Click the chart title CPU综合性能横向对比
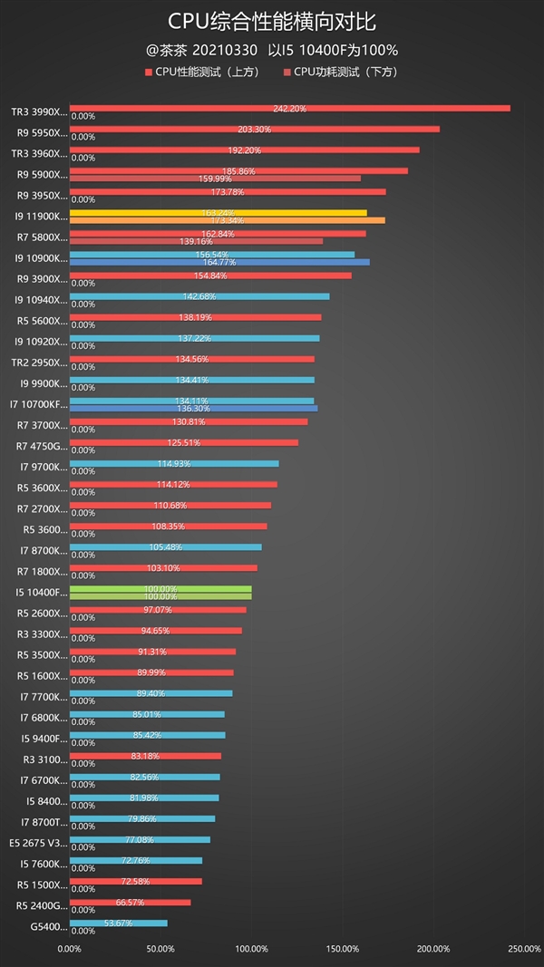tap(272, 22)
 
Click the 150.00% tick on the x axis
tap(342, 949)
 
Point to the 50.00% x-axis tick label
tap(160, 949)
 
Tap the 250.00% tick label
tap(523, 949)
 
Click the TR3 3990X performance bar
tap(289, 109)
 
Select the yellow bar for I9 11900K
tap(218, 213)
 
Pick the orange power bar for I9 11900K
tap(227, 220)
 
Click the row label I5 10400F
tap(41, 593)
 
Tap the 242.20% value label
tap(289, 109)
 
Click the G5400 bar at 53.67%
tap(118, 923)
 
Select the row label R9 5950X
tap(41, 133)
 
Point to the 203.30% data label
tap(254, 130)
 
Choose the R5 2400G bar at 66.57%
tap(130, 903)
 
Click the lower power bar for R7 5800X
tap(196, 241)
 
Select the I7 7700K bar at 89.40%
tap(151, 693)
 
